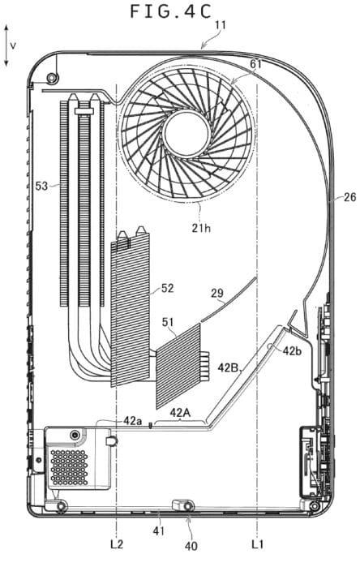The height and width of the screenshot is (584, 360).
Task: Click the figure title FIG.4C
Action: point(171,11)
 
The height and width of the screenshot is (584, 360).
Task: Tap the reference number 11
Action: point(221,25)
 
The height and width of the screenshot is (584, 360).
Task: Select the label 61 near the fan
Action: point(255,64)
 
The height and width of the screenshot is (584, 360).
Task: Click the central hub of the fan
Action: point(186,132)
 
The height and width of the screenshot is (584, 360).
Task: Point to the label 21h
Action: point(201,227)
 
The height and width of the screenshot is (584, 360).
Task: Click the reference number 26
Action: point(349,197)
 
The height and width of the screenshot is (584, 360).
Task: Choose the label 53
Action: point(41,186)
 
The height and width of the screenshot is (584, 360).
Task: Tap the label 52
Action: point(168,288)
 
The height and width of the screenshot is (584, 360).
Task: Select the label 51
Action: point(168,322)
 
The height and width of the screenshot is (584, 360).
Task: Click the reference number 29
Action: point(217,293)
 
